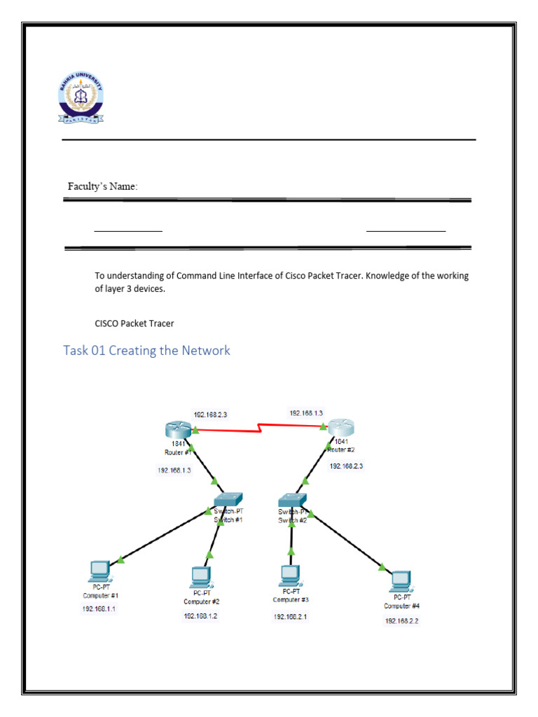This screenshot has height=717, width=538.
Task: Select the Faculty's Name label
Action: coord(102,186)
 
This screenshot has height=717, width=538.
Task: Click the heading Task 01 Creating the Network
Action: coord(146,350)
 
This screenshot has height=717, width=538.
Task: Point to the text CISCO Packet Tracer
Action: coord(134,323)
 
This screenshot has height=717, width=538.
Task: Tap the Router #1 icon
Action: coord(174,429)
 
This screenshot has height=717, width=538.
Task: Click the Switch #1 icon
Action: coord(229,499)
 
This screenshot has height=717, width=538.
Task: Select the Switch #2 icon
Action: coord(291,500)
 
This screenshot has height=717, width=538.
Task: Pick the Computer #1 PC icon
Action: coord(100,570)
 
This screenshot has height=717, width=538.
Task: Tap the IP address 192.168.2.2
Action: coord(401,621)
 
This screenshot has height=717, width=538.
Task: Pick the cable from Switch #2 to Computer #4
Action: coord(347,541)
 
